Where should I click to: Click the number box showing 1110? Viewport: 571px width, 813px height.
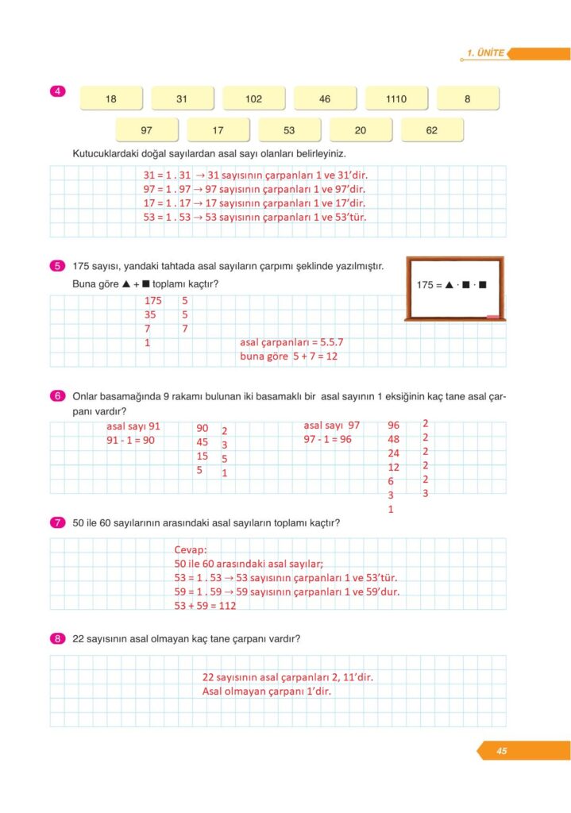[396, 99]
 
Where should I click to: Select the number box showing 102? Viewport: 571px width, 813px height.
[253, 99]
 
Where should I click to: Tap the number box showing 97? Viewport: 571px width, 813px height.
[146, 130]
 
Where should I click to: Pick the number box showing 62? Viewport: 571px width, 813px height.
[432, 130]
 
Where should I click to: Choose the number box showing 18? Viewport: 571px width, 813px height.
[111, 99]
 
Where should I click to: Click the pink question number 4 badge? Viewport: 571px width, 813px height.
[57, 91]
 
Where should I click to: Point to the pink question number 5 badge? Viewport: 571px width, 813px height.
[57, 266]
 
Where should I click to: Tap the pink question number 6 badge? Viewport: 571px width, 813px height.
[57, 395]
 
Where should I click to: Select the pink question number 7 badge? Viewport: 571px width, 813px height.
[57, 522]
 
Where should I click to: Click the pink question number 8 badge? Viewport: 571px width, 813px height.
[57, 638]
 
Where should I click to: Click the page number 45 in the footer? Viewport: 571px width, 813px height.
[502, 751]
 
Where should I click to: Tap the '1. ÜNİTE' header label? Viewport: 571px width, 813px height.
[486, 53]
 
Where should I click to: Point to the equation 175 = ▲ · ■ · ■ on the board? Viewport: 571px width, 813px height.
[451, 284]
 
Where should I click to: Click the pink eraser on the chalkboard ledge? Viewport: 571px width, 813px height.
[492, 316]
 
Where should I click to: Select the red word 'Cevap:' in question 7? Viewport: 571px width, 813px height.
[191, 549]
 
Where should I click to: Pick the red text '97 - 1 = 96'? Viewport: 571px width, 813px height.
[327, 439]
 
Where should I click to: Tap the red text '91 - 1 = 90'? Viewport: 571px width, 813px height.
[130, 439]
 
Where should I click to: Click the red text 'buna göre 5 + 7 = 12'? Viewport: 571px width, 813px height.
[289, 356]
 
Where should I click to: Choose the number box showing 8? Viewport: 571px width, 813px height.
[468, 99]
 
